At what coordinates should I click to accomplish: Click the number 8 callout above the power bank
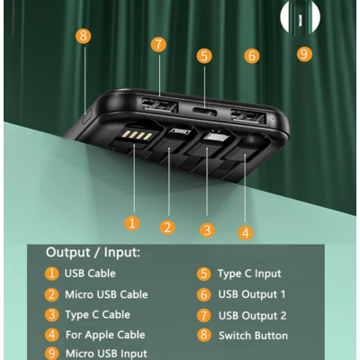tap(84, 36)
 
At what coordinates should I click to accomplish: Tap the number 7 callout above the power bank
tap(158, 44)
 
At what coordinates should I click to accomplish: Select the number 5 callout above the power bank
tap(204, 56)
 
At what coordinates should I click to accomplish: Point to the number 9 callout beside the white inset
tap(304, 54)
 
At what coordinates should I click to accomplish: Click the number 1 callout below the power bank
tap(132, 222)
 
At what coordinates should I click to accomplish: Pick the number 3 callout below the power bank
tap(207, 229)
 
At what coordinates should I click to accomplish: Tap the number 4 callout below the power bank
tap(246, 232)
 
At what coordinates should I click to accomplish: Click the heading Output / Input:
tap(94, 253)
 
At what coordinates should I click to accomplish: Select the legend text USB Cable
tap(90, 274)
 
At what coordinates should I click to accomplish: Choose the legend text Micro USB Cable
tap(106, 294)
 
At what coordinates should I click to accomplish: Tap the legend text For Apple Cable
tap(104, 335)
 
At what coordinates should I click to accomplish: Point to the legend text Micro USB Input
tap(106, 354)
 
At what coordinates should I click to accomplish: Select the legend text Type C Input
tap(249, 274)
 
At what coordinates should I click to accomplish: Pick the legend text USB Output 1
tap(252, 294)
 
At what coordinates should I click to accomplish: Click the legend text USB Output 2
tap(252, 315)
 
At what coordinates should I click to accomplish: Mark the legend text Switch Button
tap(253, 336)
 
